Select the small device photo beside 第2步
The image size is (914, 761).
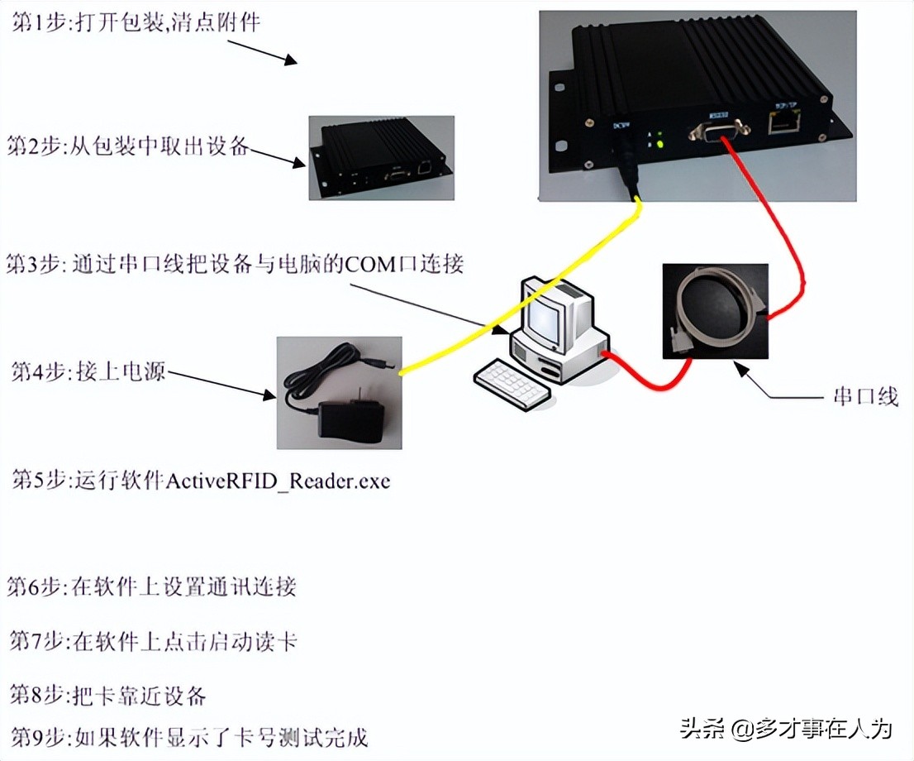381,157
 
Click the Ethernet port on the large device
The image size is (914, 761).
779,124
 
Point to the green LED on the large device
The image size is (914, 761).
660,145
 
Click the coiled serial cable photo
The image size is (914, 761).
715,310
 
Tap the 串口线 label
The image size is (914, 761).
863,397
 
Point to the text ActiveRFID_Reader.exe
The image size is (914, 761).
278,481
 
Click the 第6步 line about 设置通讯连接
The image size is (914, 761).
152,587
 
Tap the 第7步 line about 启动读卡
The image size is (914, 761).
152,641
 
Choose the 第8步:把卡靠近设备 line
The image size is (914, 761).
107,695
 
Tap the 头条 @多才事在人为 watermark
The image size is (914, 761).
786,729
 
